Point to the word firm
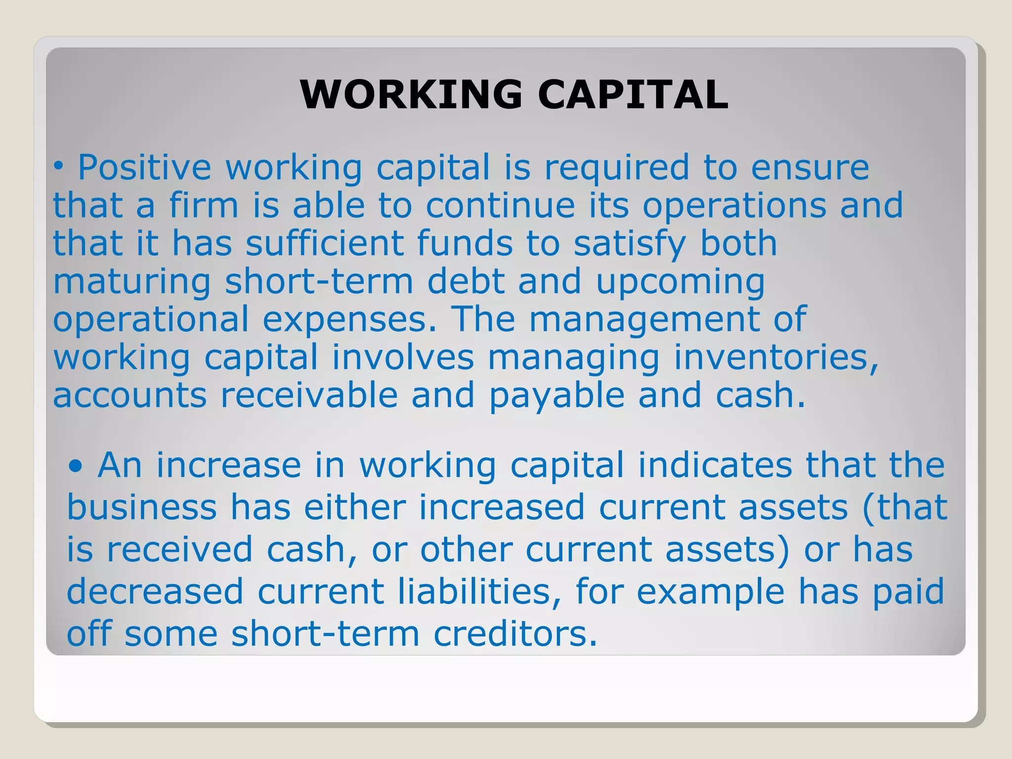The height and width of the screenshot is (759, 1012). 204,205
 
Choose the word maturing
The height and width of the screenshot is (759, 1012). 132,282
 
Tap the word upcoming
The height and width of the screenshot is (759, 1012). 680,282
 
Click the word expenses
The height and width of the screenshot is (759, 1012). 349,320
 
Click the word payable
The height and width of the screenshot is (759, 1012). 557,396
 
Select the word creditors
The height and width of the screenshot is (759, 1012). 515,633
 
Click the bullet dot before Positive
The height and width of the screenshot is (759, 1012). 59,168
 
